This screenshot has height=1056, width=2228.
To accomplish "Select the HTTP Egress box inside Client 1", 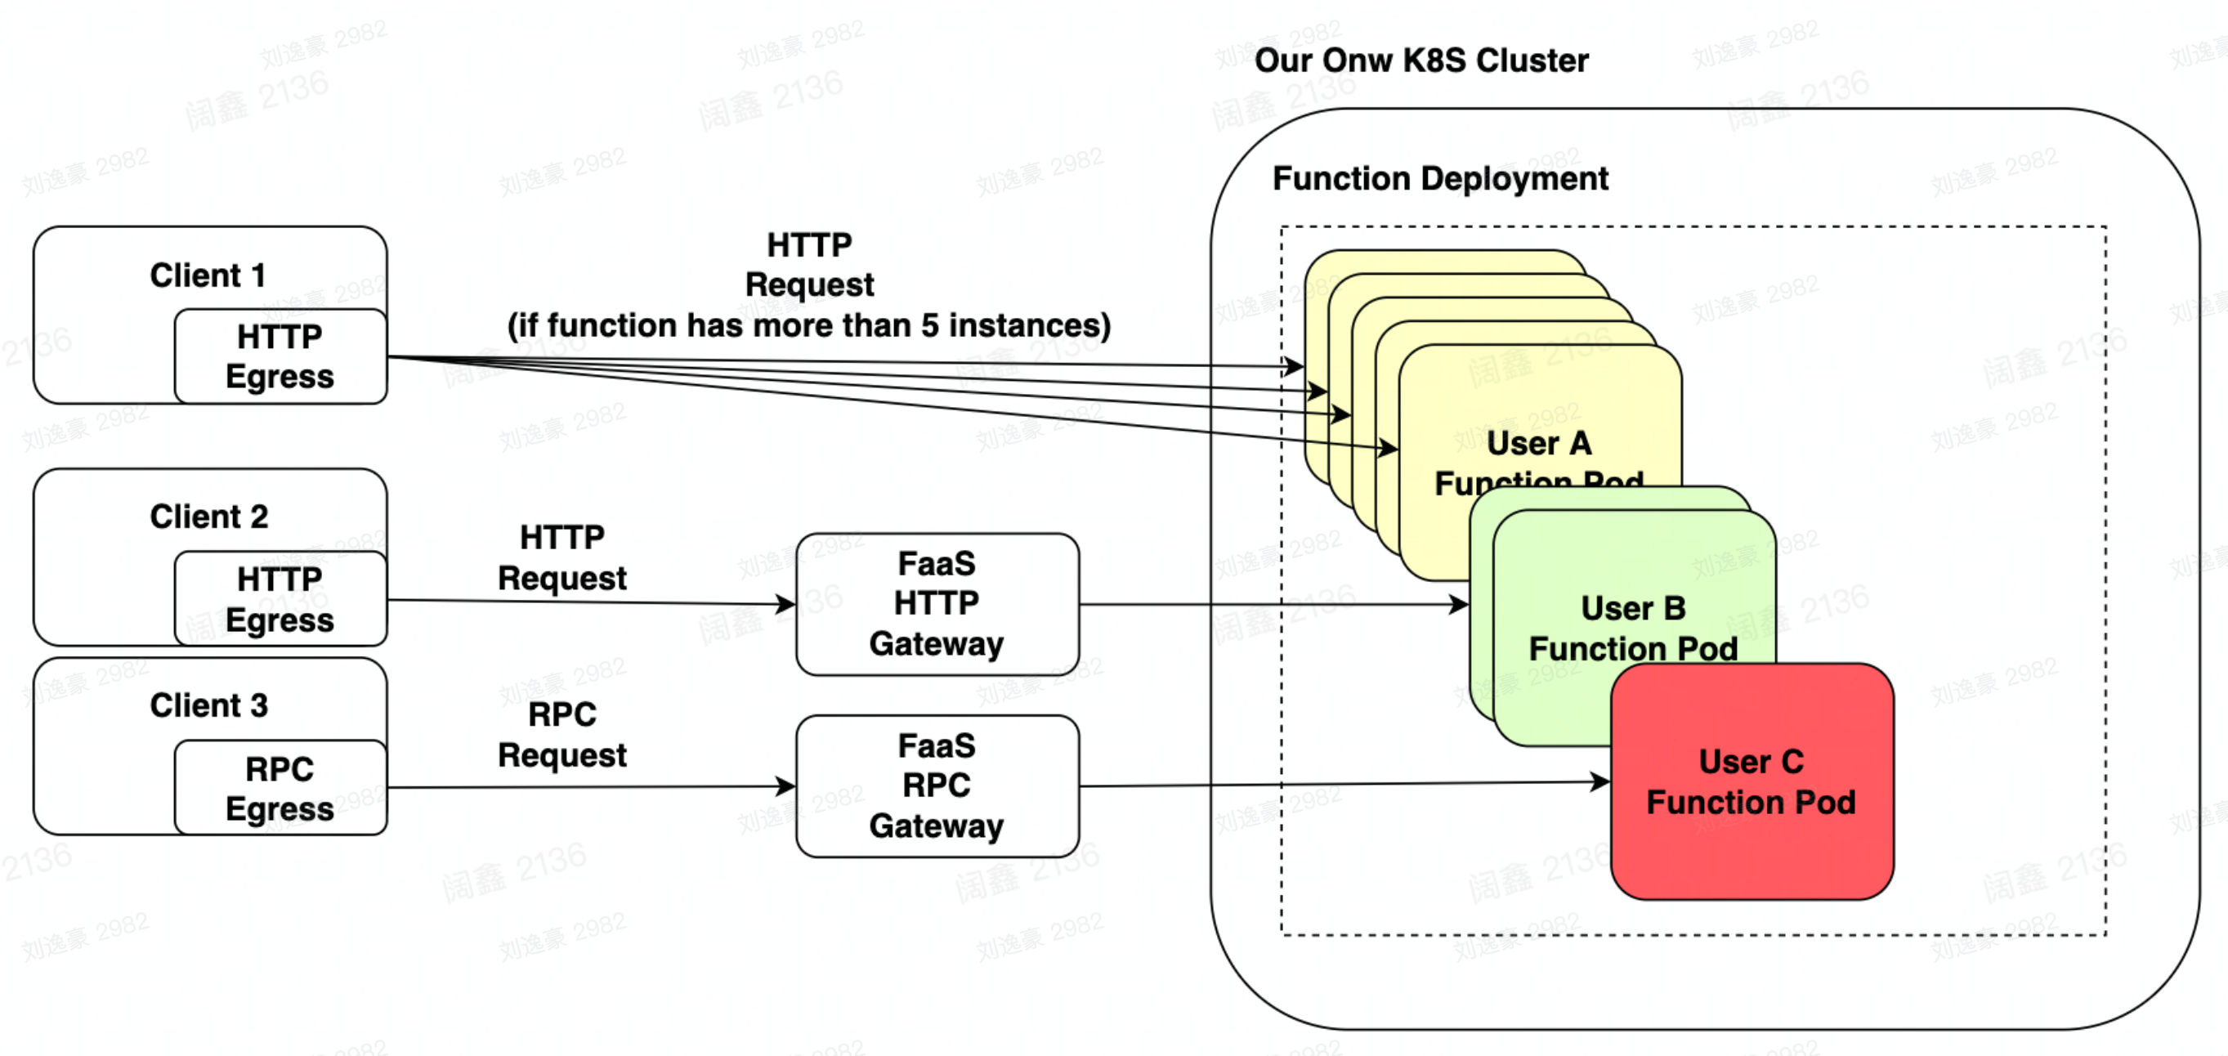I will [280, 356].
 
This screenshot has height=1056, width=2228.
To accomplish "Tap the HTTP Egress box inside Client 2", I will [280, 599].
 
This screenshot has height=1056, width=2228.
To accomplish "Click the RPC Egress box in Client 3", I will [280, 788].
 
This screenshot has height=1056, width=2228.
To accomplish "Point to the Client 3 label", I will [208, 705].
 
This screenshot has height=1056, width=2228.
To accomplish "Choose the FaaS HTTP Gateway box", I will [937, 604].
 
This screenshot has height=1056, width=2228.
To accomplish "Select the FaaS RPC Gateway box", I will [937, 785].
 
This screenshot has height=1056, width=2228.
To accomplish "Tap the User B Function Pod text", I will [1633, 629].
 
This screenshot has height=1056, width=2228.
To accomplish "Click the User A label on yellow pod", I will [1539, 444].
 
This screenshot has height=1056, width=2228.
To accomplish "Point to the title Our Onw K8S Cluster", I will [1421, 60].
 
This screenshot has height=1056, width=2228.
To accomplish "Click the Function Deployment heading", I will [1440, 179].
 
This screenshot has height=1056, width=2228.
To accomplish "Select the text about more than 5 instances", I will [808, 326].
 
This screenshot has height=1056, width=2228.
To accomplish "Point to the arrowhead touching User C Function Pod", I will [1602, 782].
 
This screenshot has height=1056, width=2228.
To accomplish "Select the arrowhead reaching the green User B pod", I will [1460, 604].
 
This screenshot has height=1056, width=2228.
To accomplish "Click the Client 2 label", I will [208, 517].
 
